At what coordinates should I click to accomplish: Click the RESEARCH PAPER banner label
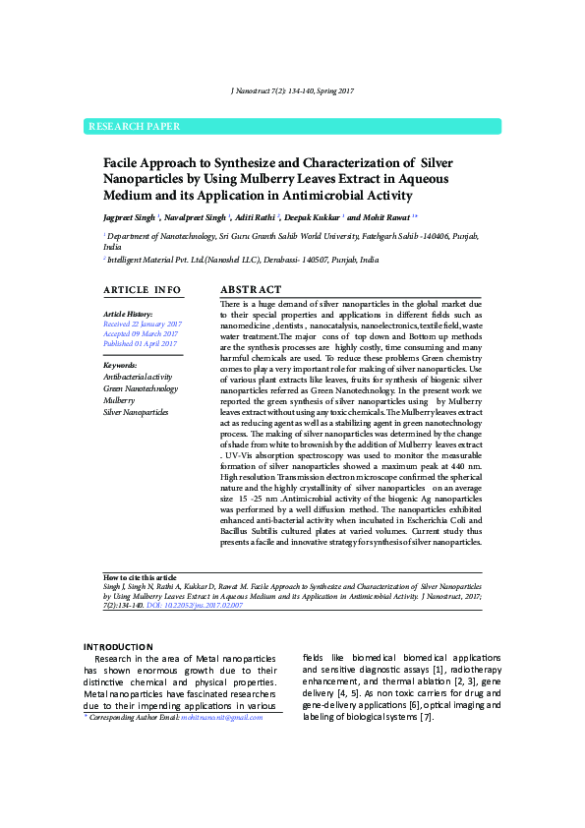point(135,127)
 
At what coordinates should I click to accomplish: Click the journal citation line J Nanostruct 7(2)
point(292,90)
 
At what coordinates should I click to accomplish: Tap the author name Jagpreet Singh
point(131,216)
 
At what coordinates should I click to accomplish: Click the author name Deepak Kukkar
point(314,216)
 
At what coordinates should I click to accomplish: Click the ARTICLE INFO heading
point(143,290)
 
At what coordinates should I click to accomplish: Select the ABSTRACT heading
point(251,290)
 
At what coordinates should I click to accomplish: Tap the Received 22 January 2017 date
point(143,324)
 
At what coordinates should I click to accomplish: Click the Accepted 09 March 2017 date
point(141,334)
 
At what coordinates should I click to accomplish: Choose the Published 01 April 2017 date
point(141,344)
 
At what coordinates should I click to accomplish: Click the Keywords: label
point(121,365)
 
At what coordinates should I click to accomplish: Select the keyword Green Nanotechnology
point(141,388)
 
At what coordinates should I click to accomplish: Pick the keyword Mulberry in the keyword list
point(119,400)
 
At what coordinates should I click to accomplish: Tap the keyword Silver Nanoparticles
point(136,412)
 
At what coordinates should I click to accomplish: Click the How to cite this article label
point(140,577)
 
